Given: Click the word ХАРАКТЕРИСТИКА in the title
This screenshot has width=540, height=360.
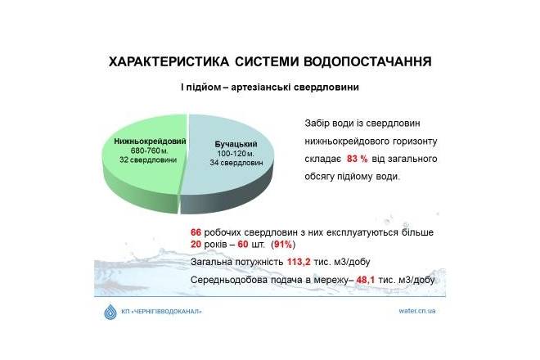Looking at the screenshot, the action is click(x=169, y=61).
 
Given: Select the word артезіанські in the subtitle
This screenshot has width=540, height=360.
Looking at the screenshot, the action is click(x=261, y=88).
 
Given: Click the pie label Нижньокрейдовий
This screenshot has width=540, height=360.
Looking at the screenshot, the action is click(x=150, y=142).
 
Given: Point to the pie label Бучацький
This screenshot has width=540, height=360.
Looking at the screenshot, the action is click(x=236, y=144).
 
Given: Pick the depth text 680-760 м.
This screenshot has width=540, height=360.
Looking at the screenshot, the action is click(x=149, y=151).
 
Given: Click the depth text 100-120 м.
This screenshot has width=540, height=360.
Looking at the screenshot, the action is click(x=236, y=154).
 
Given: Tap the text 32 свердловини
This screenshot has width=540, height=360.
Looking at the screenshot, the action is click(x=148, y=160).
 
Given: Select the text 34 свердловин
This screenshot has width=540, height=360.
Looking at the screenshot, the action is click(x=236, y=163).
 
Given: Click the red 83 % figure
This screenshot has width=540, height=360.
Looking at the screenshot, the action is click(x=357, y=159).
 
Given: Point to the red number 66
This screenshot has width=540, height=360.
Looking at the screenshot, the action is click(x=196, y=232).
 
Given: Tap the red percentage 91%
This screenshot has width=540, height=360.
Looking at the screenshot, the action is click(x=283, y=245).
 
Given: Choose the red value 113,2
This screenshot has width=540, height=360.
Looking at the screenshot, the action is click(x=299, y=262).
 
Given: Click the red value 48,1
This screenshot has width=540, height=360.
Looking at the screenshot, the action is click(x=365, y=280).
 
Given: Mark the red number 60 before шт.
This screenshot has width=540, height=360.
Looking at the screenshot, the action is click(x=243, y=245).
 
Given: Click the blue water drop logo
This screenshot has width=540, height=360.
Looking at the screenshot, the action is click(x=110, y=312).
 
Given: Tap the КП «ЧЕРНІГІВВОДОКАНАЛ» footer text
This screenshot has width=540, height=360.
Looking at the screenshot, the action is click(x=161, y=312).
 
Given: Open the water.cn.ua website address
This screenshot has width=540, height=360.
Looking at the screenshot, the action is click(x=417, y=311).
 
